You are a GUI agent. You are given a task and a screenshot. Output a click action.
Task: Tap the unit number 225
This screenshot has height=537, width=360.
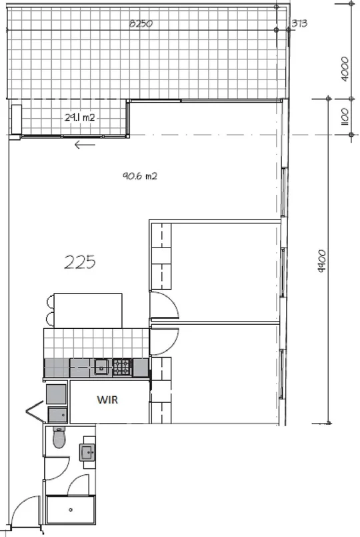coord(80,262)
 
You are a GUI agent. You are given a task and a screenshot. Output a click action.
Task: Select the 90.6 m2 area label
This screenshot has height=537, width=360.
coord(139,176)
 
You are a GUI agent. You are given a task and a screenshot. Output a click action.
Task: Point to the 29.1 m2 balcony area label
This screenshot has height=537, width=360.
coord(79,117)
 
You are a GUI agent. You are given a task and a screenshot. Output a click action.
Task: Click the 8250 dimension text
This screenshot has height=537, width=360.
coord(141,23)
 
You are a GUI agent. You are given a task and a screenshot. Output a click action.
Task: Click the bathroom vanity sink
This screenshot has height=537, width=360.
coord(87,453)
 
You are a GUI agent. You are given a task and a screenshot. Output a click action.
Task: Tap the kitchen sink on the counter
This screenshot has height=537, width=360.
coord(101,366)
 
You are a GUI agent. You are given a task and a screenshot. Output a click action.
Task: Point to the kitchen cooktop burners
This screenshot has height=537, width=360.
coord(121,366)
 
